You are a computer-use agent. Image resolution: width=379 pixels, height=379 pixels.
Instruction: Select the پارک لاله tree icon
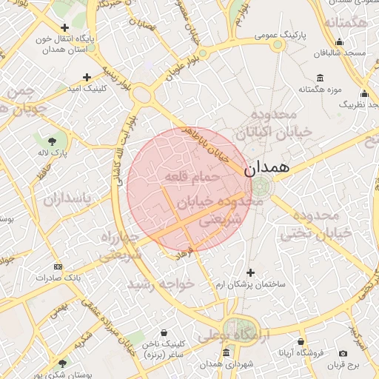pyautogui.click(x=52, y=141)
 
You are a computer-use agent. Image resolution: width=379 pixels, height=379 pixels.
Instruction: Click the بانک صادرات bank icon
pyautogui.click(x=58, y=266)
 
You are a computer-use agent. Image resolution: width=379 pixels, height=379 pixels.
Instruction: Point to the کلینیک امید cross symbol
pyautogui.click(x=87, y=76)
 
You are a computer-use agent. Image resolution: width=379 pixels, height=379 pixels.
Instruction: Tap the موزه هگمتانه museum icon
pyautogui.click(x=320, y=78)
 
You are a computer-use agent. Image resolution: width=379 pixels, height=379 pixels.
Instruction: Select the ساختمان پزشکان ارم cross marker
pyautogui.click(x=250, y=272)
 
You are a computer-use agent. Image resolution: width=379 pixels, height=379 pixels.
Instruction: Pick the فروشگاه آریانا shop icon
pyautogui.click(x=301, y=341)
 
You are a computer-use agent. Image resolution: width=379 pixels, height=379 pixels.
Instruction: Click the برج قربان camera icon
pyautogui.click(x=343, y=353)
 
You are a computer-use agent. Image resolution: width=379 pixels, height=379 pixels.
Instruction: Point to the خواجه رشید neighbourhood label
pyautogui.click(x=161, y=284)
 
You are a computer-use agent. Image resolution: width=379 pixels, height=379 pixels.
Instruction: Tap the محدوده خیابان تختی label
pyautogui.click(x=315, y=224)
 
